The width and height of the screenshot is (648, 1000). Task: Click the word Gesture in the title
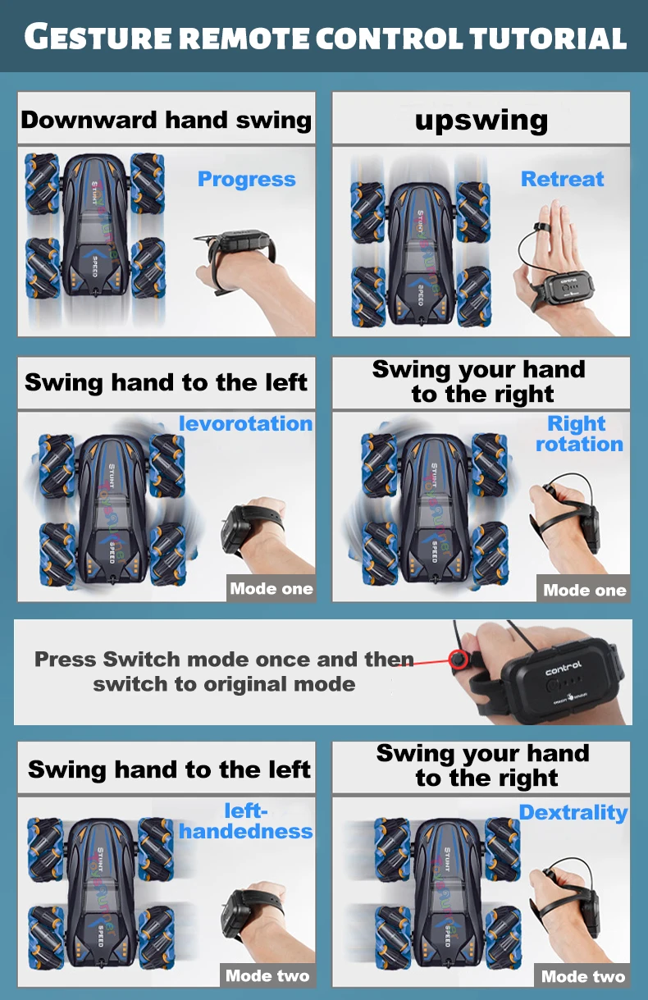point(98,37)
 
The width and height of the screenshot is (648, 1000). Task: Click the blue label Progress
point(247,180)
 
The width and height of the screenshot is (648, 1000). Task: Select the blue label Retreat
point(563,179)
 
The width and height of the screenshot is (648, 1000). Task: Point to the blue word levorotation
point(246,423)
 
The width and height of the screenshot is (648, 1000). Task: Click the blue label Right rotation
point(579,433)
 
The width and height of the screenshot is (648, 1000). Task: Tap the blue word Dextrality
point(573,813)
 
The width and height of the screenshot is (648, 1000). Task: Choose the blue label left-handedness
point(246,821)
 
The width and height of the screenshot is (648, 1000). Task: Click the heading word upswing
point(481,121)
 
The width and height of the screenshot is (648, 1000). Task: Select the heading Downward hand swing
point(166,120)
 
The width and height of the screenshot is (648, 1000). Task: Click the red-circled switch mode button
point(458,659)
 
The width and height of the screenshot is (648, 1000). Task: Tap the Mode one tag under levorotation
point(272,589)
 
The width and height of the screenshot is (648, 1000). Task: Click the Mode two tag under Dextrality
point(583,976)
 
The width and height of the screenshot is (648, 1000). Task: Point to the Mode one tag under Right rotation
point(584,590)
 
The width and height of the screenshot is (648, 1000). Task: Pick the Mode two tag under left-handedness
point(267,976)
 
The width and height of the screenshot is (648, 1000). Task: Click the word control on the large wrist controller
point(564,669)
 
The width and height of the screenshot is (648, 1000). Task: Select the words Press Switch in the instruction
point(107,660)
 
